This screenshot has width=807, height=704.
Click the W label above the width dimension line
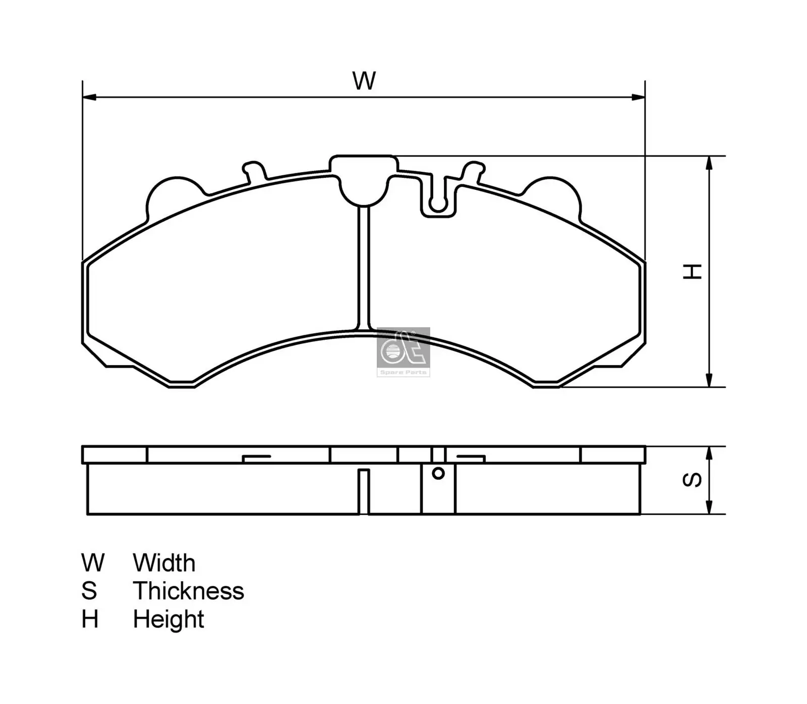point(364,81)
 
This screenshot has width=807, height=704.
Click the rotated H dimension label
point(692,271)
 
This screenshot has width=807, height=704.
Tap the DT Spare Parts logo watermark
point(403,351)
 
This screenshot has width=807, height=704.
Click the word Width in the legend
point(164,563)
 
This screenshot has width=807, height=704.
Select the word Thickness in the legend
point(188,591)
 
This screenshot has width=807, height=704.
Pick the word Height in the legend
point(168,619)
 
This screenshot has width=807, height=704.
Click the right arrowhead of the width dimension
point(638,97)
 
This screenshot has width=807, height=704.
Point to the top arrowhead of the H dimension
point(709,163)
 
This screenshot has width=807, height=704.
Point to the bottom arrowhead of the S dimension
point(709,508)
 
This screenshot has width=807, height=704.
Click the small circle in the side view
point(438,473)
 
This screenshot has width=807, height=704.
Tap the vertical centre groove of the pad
point(364,268)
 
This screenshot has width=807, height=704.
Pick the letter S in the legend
point(89,591)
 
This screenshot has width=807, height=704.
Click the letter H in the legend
point(90,619)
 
